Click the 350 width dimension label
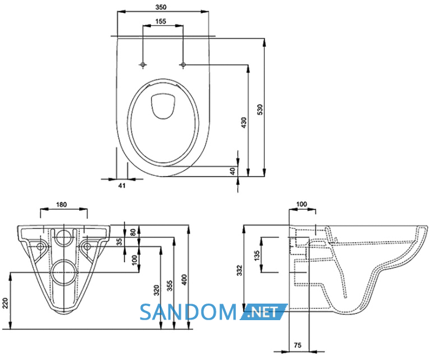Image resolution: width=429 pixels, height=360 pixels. click(161, 7)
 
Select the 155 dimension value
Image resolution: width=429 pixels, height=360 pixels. click(161, 21)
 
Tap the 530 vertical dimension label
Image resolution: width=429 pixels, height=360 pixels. click(260, 110)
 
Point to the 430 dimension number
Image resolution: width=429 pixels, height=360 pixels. click(243, 123)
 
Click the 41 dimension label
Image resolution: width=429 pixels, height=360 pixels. click(122, 185)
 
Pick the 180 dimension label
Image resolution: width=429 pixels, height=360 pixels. click(61, 204)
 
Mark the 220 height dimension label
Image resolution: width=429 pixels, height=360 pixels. click(6, 304)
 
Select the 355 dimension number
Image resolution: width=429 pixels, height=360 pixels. click(170, 286)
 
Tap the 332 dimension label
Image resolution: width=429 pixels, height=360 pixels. click(240, 270)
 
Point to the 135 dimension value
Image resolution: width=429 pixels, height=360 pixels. click(257, 255)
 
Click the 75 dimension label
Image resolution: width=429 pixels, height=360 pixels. click(298, 345)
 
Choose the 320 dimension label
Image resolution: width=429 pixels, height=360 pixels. click(156, 291)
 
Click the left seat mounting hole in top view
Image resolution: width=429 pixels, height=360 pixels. click(143, 64)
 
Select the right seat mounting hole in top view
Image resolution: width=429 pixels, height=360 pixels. click(183, 64)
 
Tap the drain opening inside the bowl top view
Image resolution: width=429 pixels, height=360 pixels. click(163, 107)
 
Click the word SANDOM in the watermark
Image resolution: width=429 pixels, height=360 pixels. click(188, 312)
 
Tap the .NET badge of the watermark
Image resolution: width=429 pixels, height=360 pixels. click(263, 312)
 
